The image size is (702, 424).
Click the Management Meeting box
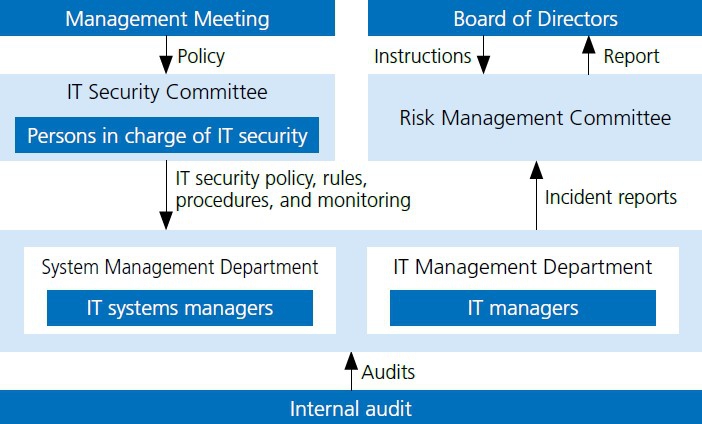point(167,18)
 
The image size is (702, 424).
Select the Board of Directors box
point(535,18)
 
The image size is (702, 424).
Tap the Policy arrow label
point(201,56)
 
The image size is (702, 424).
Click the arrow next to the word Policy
point(166,55)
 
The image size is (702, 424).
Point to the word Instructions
point(423,56)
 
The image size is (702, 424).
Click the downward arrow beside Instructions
point(483,55)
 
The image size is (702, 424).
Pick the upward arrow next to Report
point(588,55)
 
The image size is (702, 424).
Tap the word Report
point(631,56)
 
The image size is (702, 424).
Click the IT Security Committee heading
point(167,92)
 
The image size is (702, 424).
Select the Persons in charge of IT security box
point(167,135)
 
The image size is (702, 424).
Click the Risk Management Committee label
point(535,118)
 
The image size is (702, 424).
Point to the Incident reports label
point(611,197)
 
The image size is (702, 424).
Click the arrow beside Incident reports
point(536,195)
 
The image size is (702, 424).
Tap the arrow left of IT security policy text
point(166,195)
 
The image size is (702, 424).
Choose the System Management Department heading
point(180,267)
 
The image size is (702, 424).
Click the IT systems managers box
point(180,308)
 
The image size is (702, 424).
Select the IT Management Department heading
point(522,267)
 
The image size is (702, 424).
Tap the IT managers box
point(523,308)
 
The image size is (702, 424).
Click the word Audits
point(388,372)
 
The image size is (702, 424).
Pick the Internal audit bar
point(351,407)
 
